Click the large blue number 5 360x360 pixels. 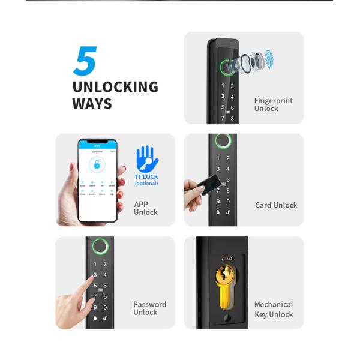coord(85,61)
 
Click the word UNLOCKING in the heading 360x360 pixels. coord(115,87)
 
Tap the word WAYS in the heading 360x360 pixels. coord(92,103)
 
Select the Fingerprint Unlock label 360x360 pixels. coord(273,104)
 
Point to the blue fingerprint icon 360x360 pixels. coord(269,59)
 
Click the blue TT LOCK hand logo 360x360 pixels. coord(145,159)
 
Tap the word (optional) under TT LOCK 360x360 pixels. coord(146,183)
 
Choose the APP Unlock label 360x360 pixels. coord(145,208)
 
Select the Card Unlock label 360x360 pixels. coord(276,205)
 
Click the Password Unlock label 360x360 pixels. coord(149,308)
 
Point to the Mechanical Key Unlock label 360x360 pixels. coord(274,309)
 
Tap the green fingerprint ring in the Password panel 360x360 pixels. coord(100,247)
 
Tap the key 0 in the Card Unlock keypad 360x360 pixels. coord(227,202)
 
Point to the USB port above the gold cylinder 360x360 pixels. coord(226,259)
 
